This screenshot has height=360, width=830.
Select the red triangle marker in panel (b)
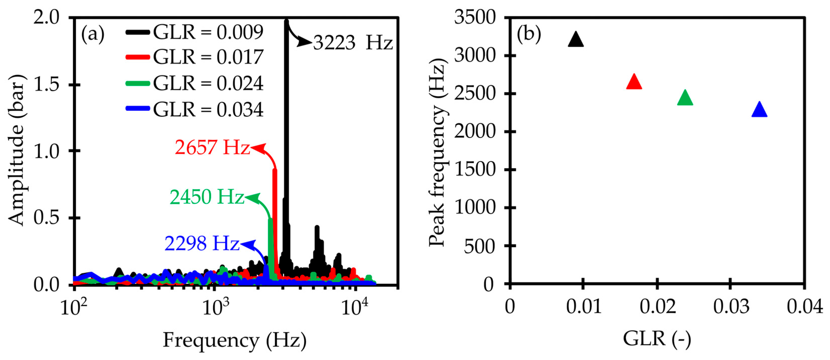[x=634, y=82]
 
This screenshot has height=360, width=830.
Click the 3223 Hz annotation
[x=353, y=43]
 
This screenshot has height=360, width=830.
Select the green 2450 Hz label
[x=207, y=197]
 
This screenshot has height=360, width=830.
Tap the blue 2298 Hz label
[x=202, y=244]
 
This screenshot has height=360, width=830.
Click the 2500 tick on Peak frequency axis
[x=475, y=94]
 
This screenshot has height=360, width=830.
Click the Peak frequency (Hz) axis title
[x=437, y=153]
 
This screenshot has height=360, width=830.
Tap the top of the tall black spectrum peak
[x=286, y=22]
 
